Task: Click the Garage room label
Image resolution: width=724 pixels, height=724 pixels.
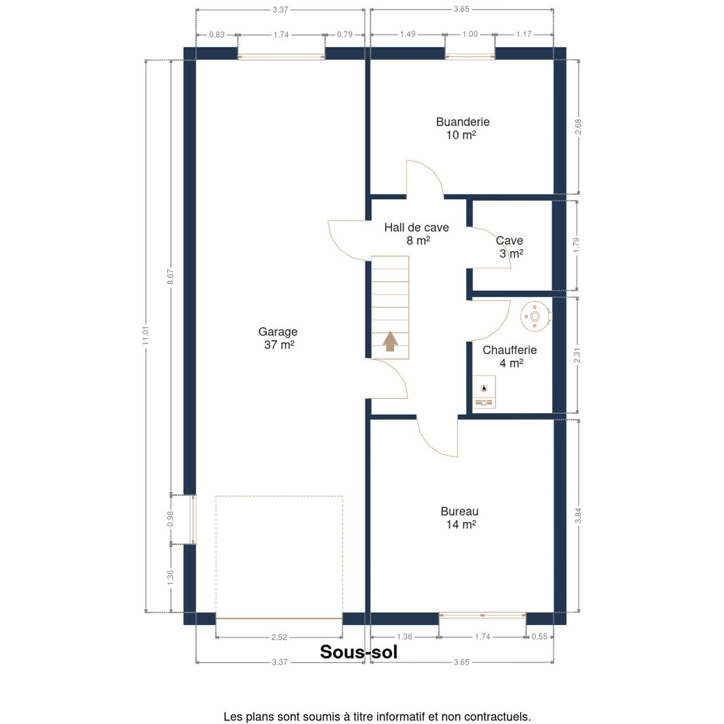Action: [278, 338]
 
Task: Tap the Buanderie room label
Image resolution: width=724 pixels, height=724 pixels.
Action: [463, 129]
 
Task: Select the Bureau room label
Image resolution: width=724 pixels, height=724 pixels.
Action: [460, 518]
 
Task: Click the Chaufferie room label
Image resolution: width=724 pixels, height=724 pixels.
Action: [509, 356]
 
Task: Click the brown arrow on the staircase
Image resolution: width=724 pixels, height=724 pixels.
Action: [390, 341]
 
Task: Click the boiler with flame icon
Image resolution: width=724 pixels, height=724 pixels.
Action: [484, 392]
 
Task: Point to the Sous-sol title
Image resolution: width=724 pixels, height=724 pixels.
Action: [358, 652]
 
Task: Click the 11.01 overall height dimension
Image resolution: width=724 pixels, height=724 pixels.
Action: [146, 335]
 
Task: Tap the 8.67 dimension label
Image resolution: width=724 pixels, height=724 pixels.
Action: [171, 276]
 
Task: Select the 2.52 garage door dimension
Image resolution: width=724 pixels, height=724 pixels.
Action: [279, 637]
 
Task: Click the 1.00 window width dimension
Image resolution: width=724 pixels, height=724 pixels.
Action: [469, 34]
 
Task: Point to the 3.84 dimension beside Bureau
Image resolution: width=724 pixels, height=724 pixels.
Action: [578, 515]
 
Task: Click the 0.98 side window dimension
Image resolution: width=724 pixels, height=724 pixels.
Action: [171, 519]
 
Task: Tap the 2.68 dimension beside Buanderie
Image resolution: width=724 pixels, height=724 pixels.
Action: [578, 127]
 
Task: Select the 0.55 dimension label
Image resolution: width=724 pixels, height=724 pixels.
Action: [539, 637]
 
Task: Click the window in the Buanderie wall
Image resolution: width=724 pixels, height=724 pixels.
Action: [469, 57]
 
